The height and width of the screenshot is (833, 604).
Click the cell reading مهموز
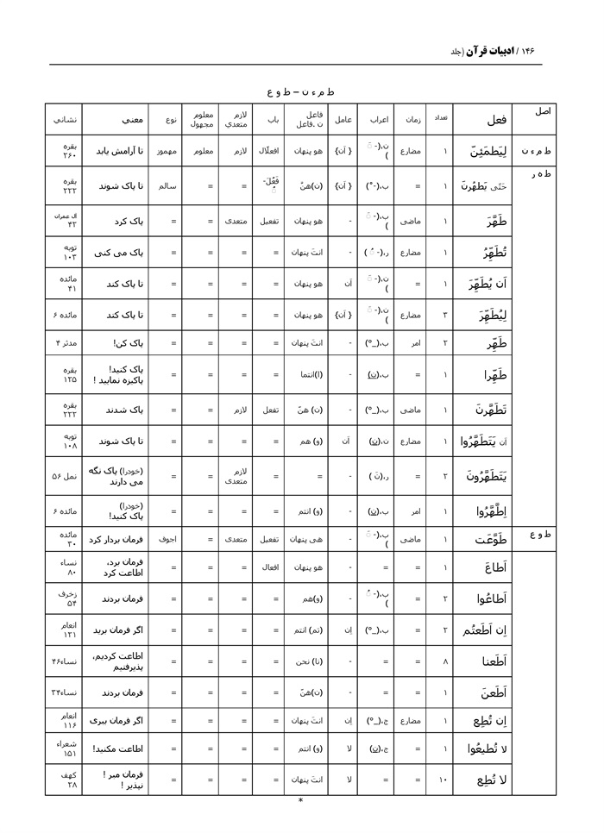[167, 151]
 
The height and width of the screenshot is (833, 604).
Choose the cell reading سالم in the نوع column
[167, 185]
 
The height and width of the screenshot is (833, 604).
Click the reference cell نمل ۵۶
[66, 474]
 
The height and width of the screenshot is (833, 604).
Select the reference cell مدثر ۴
[66, 343]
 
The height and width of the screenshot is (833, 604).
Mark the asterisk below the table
[300, 801]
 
